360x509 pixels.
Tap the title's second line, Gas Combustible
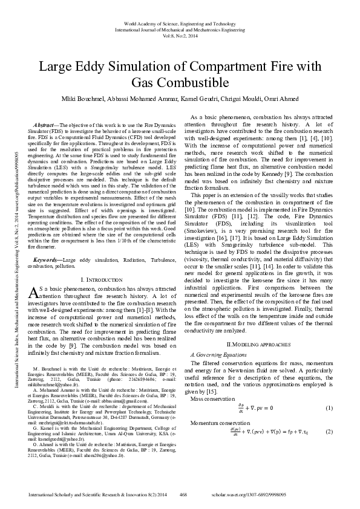179,82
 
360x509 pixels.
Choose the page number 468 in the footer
185,494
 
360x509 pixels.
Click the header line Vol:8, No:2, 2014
179,35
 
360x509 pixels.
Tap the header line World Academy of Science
179,22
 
